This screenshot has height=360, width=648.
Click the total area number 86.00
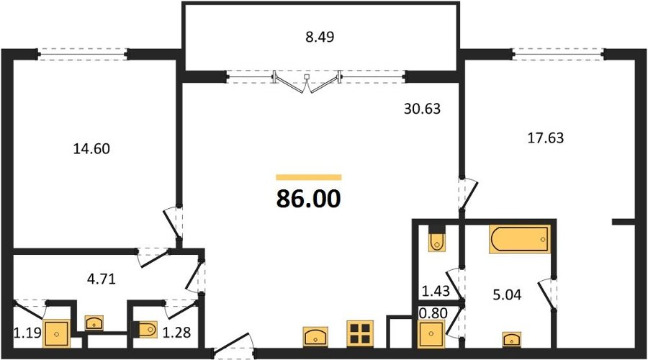[308, 199]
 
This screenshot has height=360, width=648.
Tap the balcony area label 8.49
[320, 37]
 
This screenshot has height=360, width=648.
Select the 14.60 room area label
[91, 148]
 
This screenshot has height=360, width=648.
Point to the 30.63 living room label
[422, 109]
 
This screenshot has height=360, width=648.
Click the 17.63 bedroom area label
[546, 138]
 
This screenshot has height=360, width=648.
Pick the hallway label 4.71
[102, 279]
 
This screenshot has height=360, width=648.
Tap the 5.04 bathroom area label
[507, 294]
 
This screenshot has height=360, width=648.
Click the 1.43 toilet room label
[435, 291]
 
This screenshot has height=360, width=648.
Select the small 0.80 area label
[433, 313]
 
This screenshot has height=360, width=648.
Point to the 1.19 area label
[27, 332]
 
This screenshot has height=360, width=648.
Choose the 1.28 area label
[176, 332]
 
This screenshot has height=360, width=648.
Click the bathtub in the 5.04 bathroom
[520, 239]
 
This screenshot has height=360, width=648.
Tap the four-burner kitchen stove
[360, 333]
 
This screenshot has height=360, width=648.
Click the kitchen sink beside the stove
[315, 336]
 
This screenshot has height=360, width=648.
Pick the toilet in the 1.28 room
[145, 330]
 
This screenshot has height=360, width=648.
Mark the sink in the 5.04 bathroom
[512, 339]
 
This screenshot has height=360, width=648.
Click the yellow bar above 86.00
[309, 177]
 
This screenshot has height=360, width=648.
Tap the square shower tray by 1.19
[57, 333]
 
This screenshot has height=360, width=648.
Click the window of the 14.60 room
[83, 54]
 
